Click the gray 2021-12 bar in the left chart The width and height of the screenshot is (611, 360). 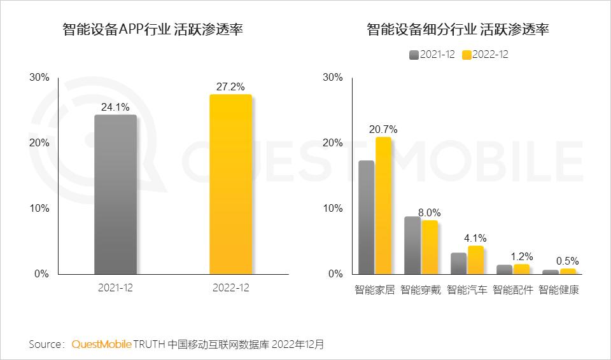[x=115, y=195]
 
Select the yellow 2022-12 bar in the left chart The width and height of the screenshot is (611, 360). [x=230, y=184]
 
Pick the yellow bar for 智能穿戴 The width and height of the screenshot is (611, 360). [x=430, y=247]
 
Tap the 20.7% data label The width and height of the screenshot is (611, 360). [x=383, y=129]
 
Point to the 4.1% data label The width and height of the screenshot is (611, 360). [x=475, y=239]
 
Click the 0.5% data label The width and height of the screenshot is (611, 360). [x=567, y=261]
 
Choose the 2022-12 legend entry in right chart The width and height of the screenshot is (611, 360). [x=485, y=55]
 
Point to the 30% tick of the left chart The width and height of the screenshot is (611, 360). [x=39, y=78]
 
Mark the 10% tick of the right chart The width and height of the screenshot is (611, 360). [x=333, y=209]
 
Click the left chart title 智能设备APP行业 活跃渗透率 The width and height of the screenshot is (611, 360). [x=153, y=30]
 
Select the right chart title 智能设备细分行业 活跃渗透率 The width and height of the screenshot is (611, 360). [x=458, y=30]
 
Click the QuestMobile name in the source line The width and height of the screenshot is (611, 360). [x=102, y=344]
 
